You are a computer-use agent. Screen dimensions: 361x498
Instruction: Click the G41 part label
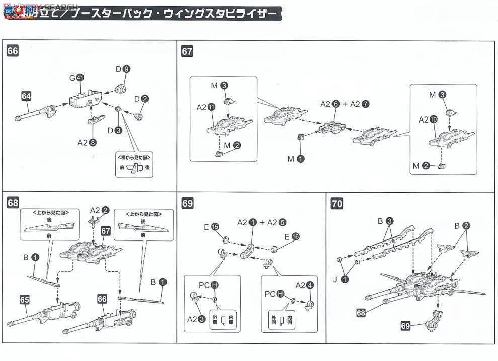[x=76, y=78]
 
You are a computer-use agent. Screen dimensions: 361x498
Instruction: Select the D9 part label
[x=123, y=69]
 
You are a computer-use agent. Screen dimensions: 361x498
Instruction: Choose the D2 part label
[x=141, y=99]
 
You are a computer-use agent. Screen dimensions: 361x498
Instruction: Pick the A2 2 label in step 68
[x=99, y=210]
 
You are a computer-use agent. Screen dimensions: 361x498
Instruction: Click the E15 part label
[x=211, y=227]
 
